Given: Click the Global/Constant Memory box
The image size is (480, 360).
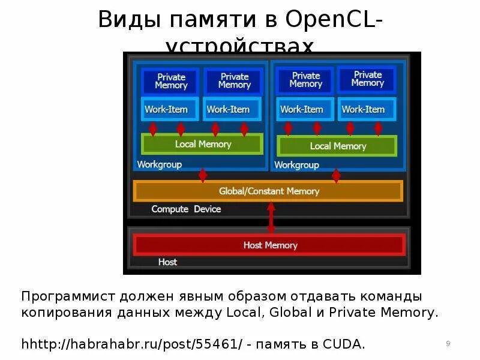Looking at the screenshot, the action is (268, 191).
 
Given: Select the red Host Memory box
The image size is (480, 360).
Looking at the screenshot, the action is (269, 245).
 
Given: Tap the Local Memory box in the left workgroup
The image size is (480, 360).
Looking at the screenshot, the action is (202, 144).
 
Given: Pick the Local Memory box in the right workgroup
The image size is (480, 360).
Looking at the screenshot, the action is (337, 146).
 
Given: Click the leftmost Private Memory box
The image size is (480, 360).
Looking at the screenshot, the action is (171, 81).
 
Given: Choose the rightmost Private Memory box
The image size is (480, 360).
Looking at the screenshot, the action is (367, 79).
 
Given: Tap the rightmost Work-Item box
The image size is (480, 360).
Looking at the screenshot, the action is (363, 109).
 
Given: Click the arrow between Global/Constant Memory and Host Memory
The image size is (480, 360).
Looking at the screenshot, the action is (271, 217).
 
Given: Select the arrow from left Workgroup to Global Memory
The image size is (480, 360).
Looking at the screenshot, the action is (203, 175).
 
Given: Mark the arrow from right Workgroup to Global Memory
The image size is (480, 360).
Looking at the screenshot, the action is (336, 175).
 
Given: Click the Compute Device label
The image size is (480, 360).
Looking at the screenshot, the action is (186, 209).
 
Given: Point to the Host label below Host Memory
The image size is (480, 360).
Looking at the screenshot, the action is (167, 262).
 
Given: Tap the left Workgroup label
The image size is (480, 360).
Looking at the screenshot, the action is (160, 164).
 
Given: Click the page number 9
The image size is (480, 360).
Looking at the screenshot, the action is (448, 343).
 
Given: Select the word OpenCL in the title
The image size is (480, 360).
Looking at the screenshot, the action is (331, 20).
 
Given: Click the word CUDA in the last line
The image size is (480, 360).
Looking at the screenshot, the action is (341, 344).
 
